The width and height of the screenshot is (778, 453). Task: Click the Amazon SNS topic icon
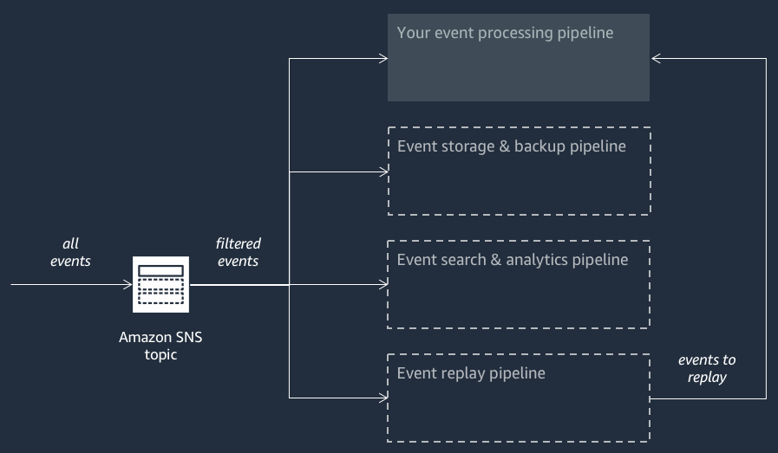click(x=160, y=284)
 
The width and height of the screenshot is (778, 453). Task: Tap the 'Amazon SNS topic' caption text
click(x=160, y=346)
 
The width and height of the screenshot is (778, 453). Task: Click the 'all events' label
click(x=70, y=252)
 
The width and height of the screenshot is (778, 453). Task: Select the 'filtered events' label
click(x=238, y=252)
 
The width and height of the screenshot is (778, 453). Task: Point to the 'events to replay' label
click(x=706, y=368)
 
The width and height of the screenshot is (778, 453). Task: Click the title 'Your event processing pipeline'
click(x=505, y=34)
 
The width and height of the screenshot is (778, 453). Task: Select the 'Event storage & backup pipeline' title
click(x=511, y=146)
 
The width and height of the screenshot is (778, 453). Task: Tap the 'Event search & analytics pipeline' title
click(x=512, y=260)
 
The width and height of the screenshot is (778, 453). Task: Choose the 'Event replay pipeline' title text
click(x=471, y=373)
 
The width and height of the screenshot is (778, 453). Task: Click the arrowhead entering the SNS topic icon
click(x=127, y=284)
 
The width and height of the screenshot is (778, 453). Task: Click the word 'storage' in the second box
click(x=466, y=146)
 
